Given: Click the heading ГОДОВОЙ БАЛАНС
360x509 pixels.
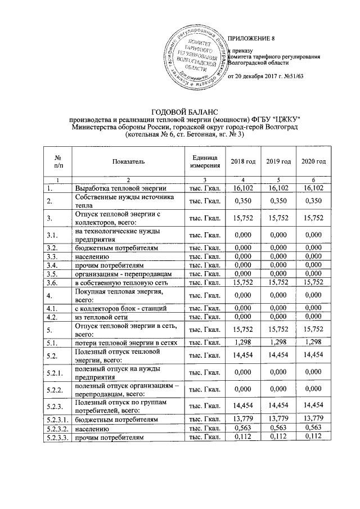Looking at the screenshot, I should pyautogui.click(x=184, y=111).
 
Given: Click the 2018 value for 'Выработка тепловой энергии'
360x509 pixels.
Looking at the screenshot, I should pyautogui.click(x=243, y=188).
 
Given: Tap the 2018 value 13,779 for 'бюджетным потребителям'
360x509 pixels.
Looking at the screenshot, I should pyautogui.click(x=243, y=420).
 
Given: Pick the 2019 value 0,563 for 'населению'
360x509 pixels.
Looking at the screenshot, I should pyautogui.click(x=279, y=428).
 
